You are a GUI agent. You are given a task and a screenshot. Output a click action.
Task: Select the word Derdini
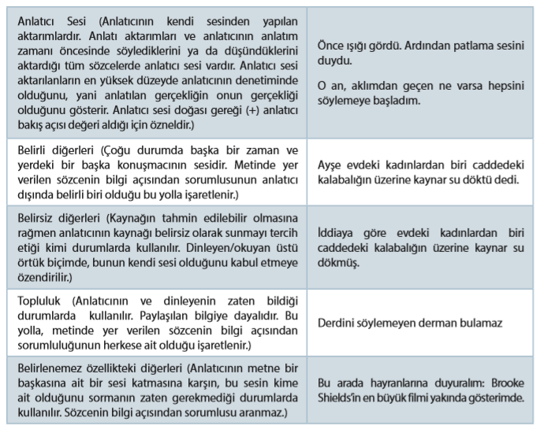click(x=337, y=323)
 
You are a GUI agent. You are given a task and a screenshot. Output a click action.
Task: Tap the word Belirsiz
click(x=35, y=219)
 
